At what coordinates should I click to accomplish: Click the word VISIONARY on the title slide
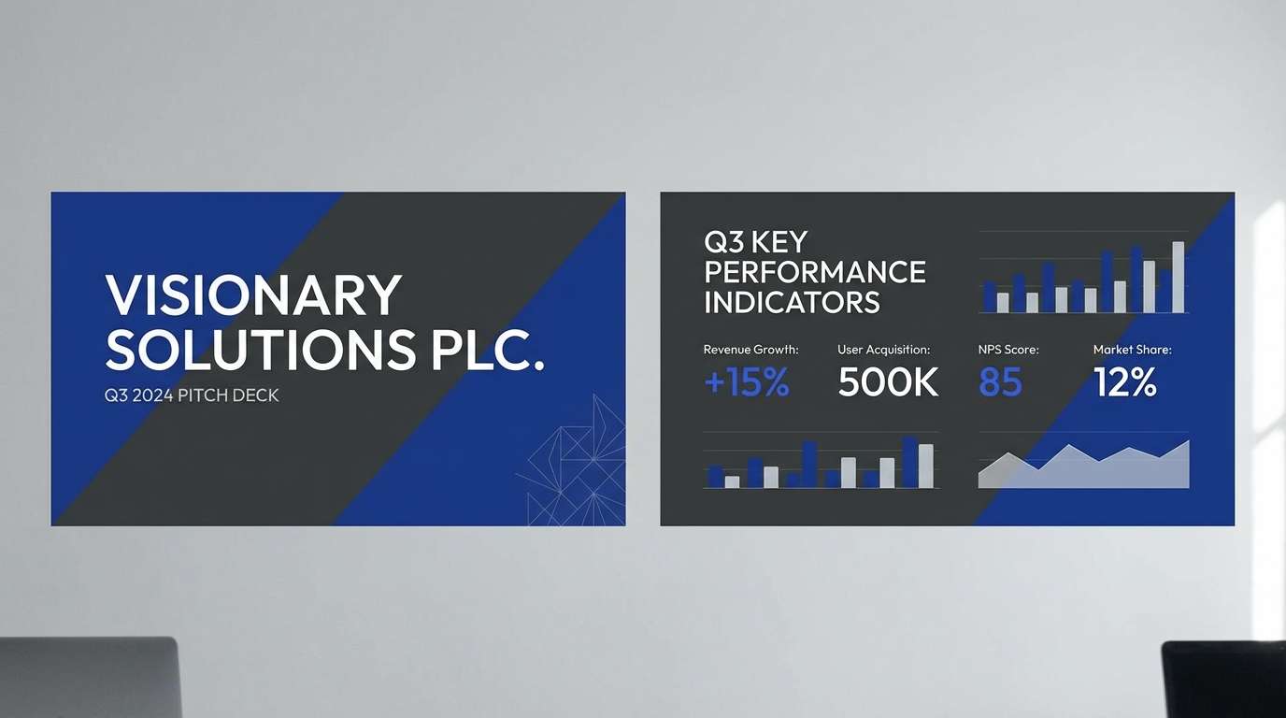[x=253, y=295]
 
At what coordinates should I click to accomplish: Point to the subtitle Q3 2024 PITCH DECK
[x=192, y=395]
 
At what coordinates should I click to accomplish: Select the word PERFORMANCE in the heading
[x=814, y=272]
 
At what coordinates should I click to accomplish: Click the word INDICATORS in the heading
[x=792, y=303]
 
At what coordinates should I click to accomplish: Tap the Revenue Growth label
[x=750, y=350]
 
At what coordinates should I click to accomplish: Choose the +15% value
[x=746, y=382]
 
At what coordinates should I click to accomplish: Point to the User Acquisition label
[x=883, y=350]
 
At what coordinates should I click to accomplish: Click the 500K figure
[x=888, y=382]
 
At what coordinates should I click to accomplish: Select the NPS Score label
[x=1008, y=350]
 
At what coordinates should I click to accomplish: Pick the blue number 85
[x=1000, y=382]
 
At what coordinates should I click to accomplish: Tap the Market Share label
[x=1132, y=350]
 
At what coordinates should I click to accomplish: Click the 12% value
[x=1125, y=382]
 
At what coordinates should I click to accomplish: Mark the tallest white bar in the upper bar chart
[x=1178, y=278]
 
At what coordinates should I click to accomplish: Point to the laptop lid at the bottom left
[x=89, y=677]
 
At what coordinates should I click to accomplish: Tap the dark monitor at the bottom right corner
[x=1223, y=680]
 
